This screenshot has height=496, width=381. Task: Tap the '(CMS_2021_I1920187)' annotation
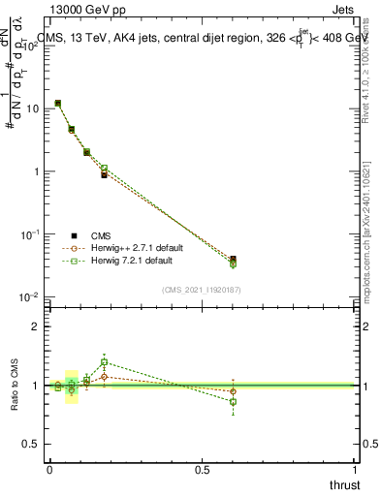point(201,289)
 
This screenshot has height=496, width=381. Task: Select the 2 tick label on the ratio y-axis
point(36,326)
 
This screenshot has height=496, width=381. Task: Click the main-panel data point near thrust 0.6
point(233,260)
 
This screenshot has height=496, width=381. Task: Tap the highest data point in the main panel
point(58,103)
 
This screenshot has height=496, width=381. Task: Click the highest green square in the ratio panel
point(104,362)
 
